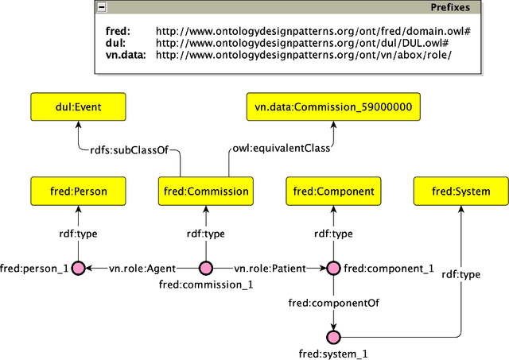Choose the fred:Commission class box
click(205, 192)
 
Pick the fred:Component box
click(333, 192)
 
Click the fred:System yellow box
click(460, 192)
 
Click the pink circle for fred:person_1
click(78, 269)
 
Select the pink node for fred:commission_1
click(205, 269)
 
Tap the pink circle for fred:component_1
click(333, 269)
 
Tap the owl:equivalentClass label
click(280, 149)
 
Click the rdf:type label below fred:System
click(460, 275)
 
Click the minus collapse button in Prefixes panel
click(101, 8)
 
